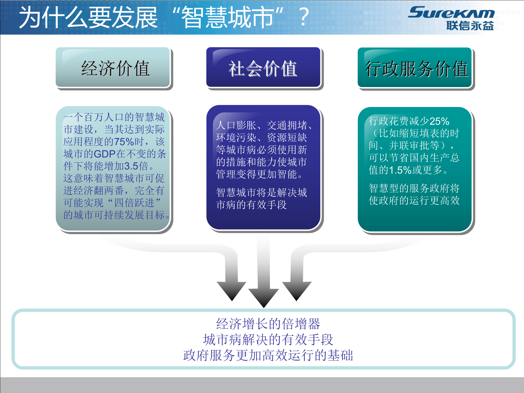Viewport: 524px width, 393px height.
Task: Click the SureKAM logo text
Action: [x=451, y=13]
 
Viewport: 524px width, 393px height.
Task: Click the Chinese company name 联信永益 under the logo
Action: [x=470, y=26]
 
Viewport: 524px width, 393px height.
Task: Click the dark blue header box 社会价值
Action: [x=263, y=68]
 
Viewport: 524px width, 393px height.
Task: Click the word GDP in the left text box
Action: [x=105, y=154]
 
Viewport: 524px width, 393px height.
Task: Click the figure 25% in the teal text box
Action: [x=439, y=121]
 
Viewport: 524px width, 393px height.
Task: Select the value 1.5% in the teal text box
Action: [x=400, y=170]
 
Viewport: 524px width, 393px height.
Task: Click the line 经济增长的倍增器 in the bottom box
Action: [x=268, y=324]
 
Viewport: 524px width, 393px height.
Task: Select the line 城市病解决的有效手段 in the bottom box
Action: [x=268, y=340]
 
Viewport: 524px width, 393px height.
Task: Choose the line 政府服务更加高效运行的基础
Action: [x=268, y=355]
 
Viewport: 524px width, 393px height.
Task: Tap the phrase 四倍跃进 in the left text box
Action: [x=134, y=203]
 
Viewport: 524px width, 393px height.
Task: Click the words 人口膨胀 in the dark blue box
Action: [x=236, y=125]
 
